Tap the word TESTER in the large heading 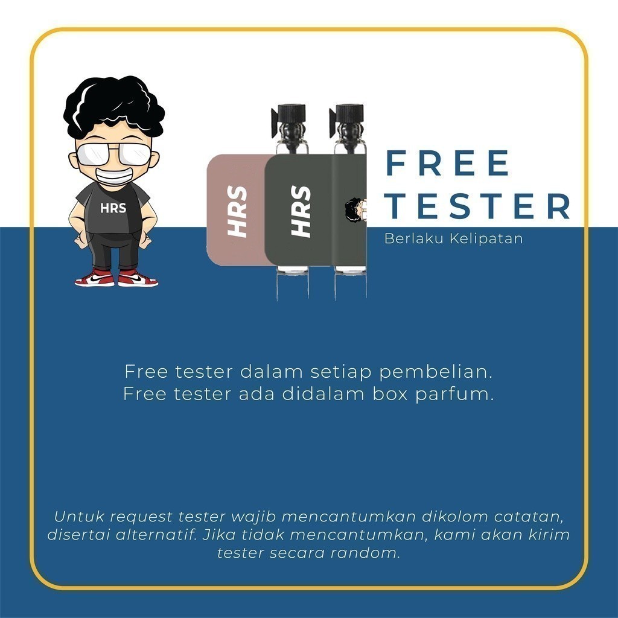477,205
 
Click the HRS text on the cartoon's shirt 113,208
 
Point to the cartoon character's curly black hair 114,104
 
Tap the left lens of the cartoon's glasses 92,154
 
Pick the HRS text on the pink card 237,211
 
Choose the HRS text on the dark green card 301,211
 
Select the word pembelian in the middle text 436,372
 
